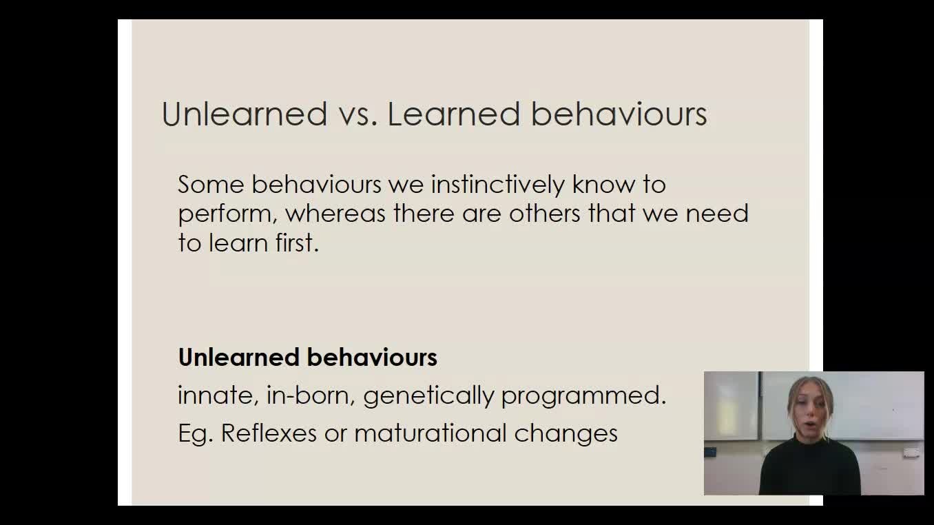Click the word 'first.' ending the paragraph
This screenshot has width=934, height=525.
pos(298,243)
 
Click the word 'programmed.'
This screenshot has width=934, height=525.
pos(583,397)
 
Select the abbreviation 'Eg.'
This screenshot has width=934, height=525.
pos(196,434)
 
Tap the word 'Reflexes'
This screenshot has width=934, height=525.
pos(269,433)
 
